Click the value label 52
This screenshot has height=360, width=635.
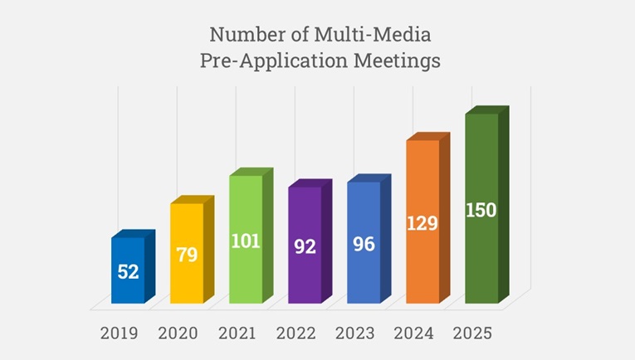[x=128, y=271]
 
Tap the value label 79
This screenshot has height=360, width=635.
[x=187, y=255]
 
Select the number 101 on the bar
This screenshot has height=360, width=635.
[x=246, y=241]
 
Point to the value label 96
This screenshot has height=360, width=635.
[x=364, y=245]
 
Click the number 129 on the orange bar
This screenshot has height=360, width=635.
[x=423, y=223]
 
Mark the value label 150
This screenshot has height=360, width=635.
[x=481, y=210]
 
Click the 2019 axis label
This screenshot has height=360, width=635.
[x=120, y=333]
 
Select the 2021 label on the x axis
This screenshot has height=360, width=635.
[x=237, y=333]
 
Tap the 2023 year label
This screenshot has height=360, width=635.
[x=355, y=333]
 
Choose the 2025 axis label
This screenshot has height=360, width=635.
[x=473, y=333]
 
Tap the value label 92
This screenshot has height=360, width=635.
[x=305, y=246]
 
